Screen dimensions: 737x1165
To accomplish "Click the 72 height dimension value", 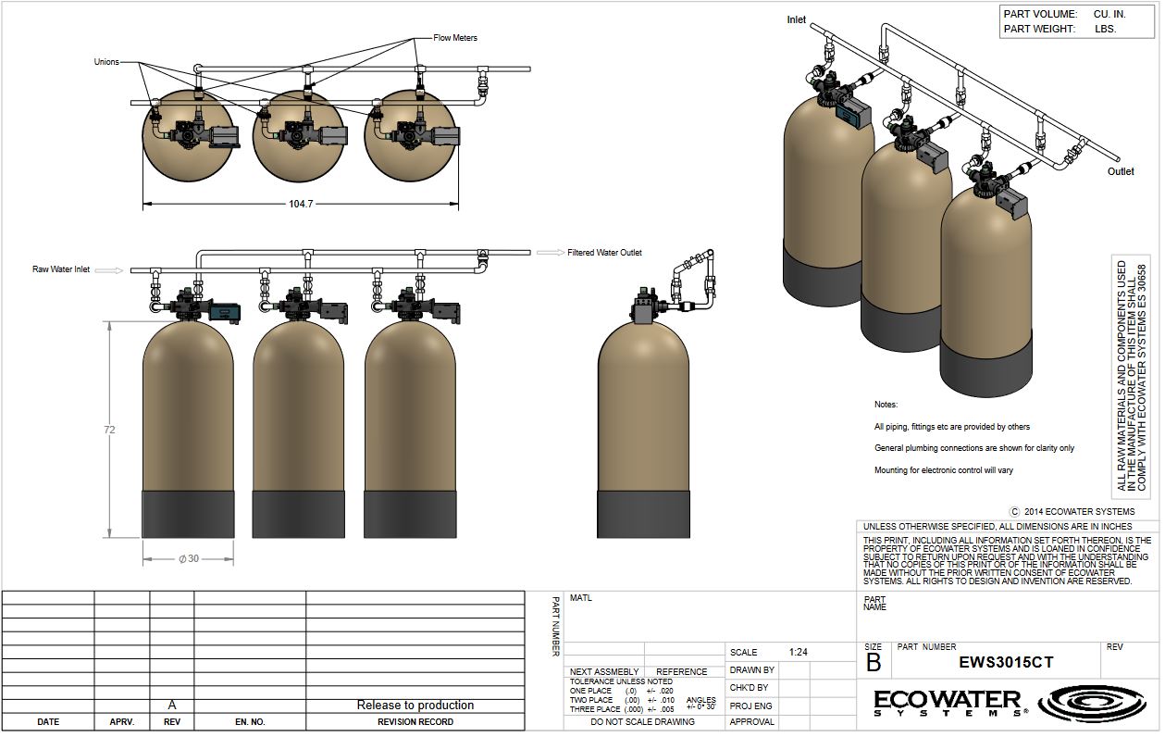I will [x=110, y=431].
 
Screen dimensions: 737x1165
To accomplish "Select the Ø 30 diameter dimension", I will [x=188, y=558].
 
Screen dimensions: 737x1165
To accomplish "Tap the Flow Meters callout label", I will [x=455, y=38].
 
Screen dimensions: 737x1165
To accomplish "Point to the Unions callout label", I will [x=106, y=62].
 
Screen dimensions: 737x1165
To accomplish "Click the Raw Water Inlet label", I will [x=61, y=269].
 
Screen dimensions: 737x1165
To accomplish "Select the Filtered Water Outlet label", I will [x=604, y=253].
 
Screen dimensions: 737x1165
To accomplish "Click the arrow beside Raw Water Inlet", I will [x=109, y=270].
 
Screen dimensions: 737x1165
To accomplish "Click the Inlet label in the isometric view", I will [x=796, y=19].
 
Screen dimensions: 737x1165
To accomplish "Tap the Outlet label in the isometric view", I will [x=1121, y=171].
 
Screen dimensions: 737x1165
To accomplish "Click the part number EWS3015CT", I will [x=1005, y=663].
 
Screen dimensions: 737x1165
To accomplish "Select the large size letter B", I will [x=874, y=663].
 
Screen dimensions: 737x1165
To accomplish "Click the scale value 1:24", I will [x=799, y=652].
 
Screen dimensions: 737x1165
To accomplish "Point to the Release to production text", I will [x=415, y=706].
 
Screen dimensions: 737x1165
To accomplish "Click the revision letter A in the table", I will [x=171, y=705].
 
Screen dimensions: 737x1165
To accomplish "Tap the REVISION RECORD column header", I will [x=415, y=722].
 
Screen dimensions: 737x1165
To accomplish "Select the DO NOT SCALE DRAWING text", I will [x=642, y=722].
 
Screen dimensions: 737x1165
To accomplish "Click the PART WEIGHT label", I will [x=1039, y=29].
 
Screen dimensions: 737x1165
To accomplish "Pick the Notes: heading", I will [x=886, y=405].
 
